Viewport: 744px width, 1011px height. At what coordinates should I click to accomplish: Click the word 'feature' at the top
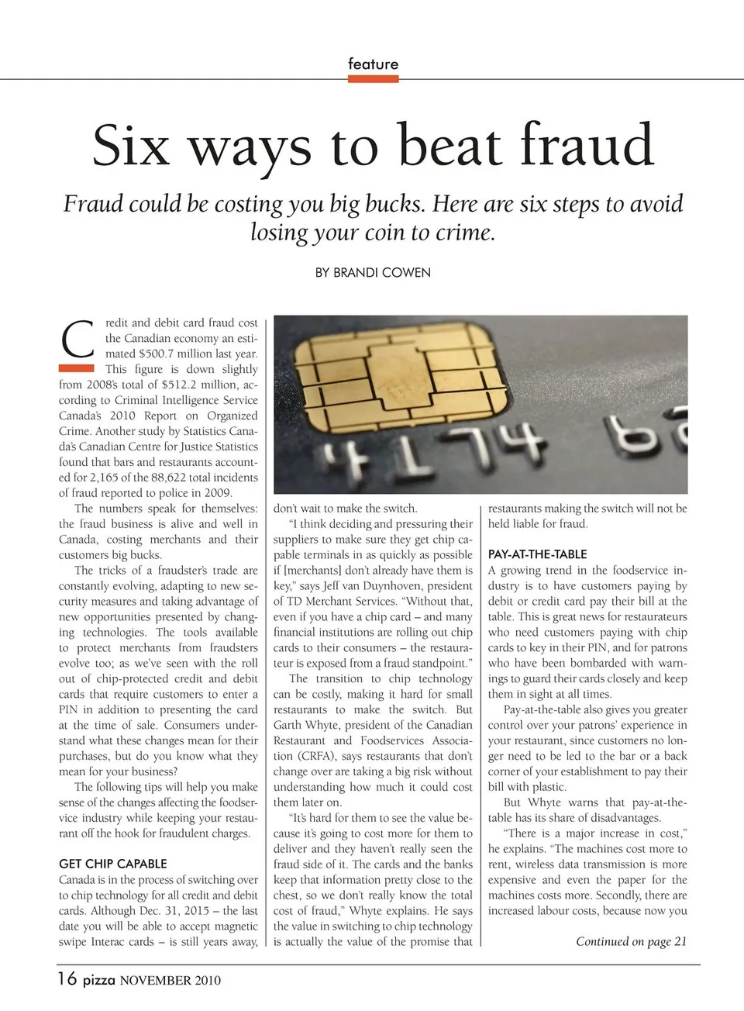pyautogui.click(x=373, y=64)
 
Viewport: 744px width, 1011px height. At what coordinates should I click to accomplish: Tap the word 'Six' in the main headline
pyautogui.click(x=131, y=145)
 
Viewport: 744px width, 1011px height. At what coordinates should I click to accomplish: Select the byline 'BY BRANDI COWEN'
pyautogui.click(x=373, y=273)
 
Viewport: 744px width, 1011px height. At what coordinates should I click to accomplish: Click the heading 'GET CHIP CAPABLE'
pyautogui.click(x=112, y=864)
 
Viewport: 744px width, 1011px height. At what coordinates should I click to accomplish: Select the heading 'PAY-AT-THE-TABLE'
pyautogui.click(x=537, y=554)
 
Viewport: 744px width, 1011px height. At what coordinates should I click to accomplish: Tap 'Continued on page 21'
pyautogui.click(x=631, y=941)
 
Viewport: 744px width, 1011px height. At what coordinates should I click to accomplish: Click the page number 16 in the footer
pyautogui.click(x=67, y=978)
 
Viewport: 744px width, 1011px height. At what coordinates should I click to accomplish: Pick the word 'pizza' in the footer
pyautogui.click(x=99, y=980)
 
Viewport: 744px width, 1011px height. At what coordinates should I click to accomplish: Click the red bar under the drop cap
pyautogui.click(x=77, y=367)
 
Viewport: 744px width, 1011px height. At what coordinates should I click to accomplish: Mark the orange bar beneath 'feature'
pyautogui.click(x=373, y=78)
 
